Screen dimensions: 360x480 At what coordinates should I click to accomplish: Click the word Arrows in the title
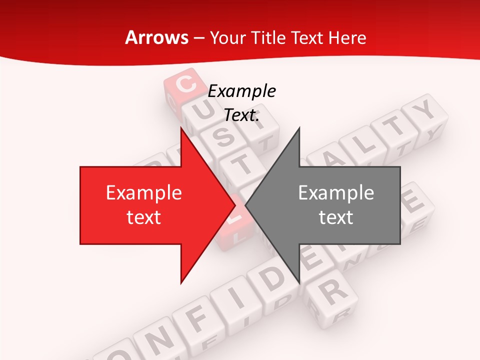[x=156, y=37]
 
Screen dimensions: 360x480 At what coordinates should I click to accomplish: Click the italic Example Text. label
[x=241, y=103]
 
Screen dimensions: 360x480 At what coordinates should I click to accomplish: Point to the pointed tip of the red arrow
[x=235, y=205]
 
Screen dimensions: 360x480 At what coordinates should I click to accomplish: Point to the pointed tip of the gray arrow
[x=246, y=205]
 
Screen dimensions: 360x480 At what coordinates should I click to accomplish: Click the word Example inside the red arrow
[x=144, y=192]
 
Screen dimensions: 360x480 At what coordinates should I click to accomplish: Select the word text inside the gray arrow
[x=336, y=217]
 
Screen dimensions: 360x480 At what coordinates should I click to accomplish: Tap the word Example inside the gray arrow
[x=336, y=192]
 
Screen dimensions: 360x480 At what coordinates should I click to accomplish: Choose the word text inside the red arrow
[x=144, y=217]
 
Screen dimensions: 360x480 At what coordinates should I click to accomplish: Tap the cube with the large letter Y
[x=425, y=111]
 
